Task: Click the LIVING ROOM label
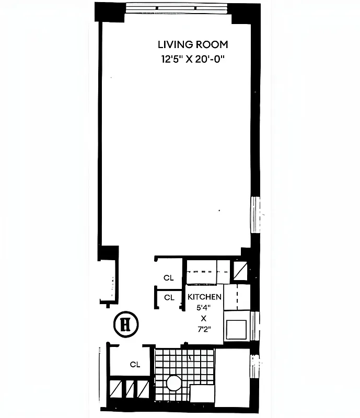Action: pos(193,45)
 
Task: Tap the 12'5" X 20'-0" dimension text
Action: pos(193,59)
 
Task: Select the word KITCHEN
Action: pos(204,297)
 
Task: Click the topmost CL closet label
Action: pos(168,278)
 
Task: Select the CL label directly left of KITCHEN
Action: pos(169,297)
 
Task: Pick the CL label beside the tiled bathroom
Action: pos(135,365)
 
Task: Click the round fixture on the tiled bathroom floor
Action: pos(173,384)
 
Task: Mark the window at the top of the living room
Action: pos(178,8)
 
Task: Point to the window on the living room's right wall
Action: pos(256,214)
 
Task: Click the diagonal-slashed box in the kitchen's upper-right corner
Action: pos(240,271)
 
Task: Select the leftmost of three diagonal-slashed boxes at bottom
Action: pos(115,389)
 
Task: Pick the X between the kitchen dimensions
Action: pos(204,319)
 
